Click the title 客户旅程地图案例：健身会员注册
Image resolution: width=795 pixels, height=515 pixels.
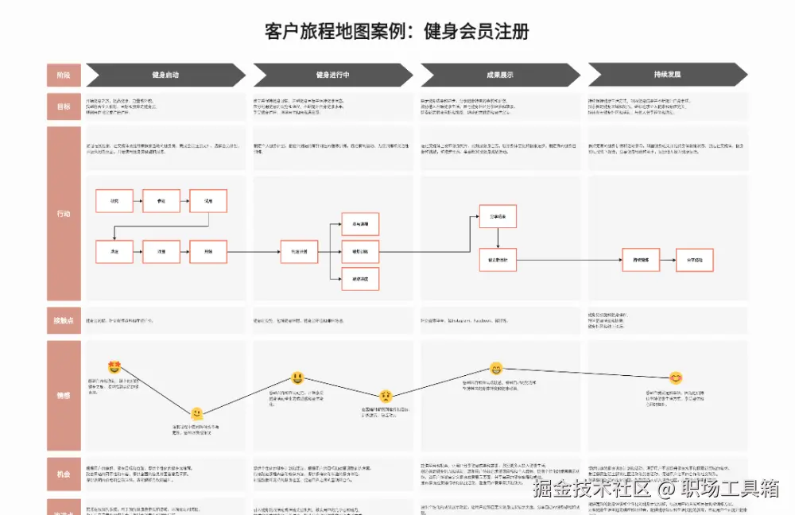397,32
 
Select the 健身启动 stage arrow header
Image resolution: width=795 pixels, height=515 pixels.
165,75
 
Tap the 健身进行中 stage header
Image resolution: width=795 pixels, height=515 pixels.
332,75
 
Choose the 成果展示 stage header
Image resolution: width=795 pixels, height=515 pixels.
499,75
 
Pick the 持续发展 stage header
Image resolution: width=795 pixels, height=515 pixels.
667,75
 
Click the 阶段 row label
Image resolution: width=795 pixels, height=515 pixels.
63,75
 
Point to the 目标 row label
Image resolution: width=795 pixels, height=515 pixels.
63,106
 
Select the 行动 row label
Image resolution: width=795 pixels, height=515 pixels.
63,213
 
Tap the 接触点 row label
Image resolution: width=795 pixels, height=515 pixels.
63,320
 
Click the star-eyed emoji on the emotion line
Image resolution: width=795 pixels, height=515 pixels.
114,367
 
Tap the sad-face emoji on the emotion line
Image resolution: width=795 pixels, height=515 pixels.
386,396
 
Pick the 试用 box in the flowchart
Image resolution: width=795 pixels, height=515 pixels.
209,201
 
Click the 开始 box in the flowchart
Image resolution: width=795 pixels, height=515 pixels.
209,251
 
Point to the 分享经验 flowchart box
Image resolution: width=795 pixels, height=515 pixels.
695,260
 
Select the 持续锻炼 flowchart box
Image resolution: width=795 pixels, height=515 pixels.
641,260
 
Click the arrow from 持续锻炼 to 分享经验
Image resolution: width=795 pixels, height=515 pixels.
668,260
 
